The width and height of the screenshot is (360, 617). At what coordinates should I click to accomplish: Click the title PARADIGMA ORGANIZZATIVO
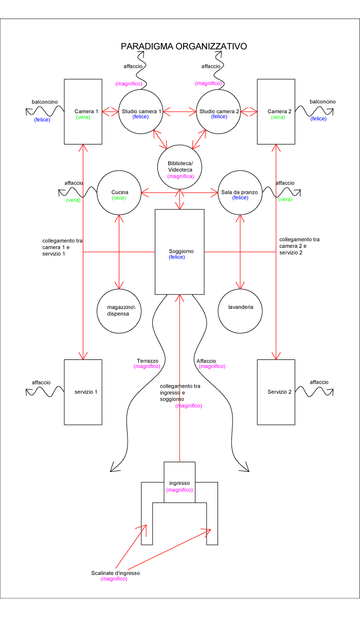184,46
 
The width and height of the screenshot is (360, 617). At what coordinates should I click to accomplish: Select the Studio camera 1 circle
141,112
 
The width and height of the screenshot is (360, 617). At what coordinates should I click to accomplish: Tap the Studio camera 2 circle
219,112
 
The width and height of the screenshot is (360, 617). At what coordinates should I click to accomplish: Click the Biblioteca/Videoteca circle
180,166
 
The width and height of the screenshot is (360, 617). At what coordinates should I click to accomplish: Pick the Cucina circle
119,193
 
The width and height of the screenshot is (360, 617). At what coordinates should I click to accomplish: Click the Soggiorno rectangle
179,252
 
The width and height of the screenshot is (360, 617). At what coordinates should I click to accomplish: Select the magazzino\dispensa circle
119,310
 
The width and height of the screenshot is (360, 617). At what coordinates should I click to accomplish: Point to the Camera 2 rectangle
277,112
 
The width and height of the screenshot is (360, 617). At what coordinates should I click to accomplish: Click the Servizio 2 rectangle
277,392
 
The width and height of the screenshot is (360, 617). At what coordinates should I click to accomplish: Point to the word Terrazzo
148,360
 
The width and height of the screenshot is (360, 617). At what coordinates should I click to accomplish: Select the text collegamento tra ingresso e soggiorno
179,392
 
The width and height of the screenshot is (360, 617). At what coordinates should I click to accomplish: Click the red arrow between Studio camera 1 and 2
180,111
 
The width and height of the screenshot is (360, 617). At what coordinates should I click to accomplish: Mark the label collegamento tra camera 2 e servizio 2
299,246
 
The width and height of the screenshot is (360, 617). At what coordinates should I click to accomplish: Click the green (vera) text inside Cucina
119,198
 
